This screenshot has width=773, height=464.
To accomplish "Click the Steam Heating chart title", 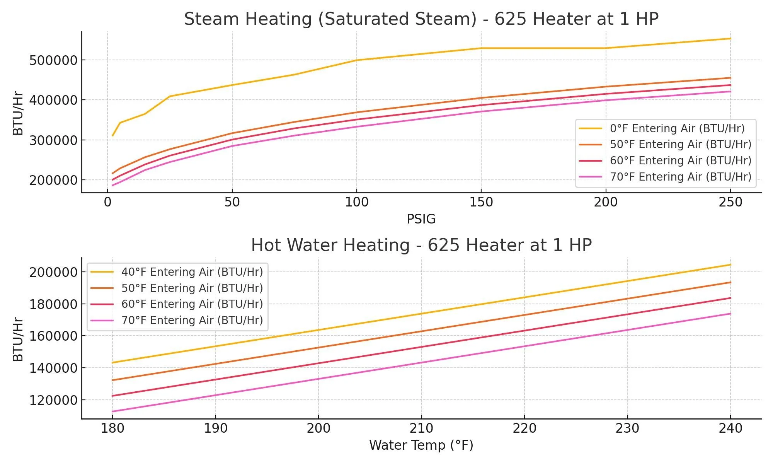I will tap(421, 19).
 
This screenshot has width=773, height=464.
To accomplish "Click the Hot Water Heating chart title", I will tap(421, 245).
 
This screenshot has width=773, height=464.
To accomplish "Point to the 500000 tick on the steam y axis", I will tap(53, 60).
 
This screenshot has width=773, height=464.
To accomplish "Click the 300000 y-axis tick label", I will tap(53, 140).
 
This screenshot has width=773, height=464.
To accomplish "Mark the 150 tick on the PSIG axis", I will tap(481, 202).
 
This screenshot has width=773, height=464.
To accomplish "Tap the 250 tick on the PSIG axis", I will tap(730, 202).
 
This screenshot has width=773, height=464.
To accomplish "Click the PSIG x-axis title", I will tap(421, 219).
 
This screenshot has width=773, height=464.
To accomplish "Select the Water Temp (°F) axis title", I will tap(421, 445).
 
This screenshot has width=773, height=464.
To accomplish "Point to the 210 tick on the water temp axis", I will tap(421, 428).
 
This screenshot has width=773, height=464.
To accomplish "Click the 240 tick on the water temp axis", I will tap(730, 428).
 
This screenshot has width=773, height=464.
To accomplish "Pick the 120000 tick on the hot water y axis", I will tap(53, 400).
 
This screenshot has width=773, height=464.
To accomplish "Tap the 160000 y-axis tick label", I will tap(53, 336).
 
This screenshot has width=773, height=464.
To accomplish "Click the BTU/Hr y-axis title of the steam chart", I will tap(18, 113).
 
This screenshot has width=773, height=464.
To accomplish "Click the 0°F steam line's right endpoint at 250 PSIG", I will tap(730, 39).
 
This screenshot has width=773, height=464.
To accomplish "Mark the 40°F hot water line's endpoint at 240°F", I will tap(730, 265).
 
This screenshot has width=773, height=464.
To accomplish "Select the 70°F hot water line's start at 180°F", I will tap(112, 411).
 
